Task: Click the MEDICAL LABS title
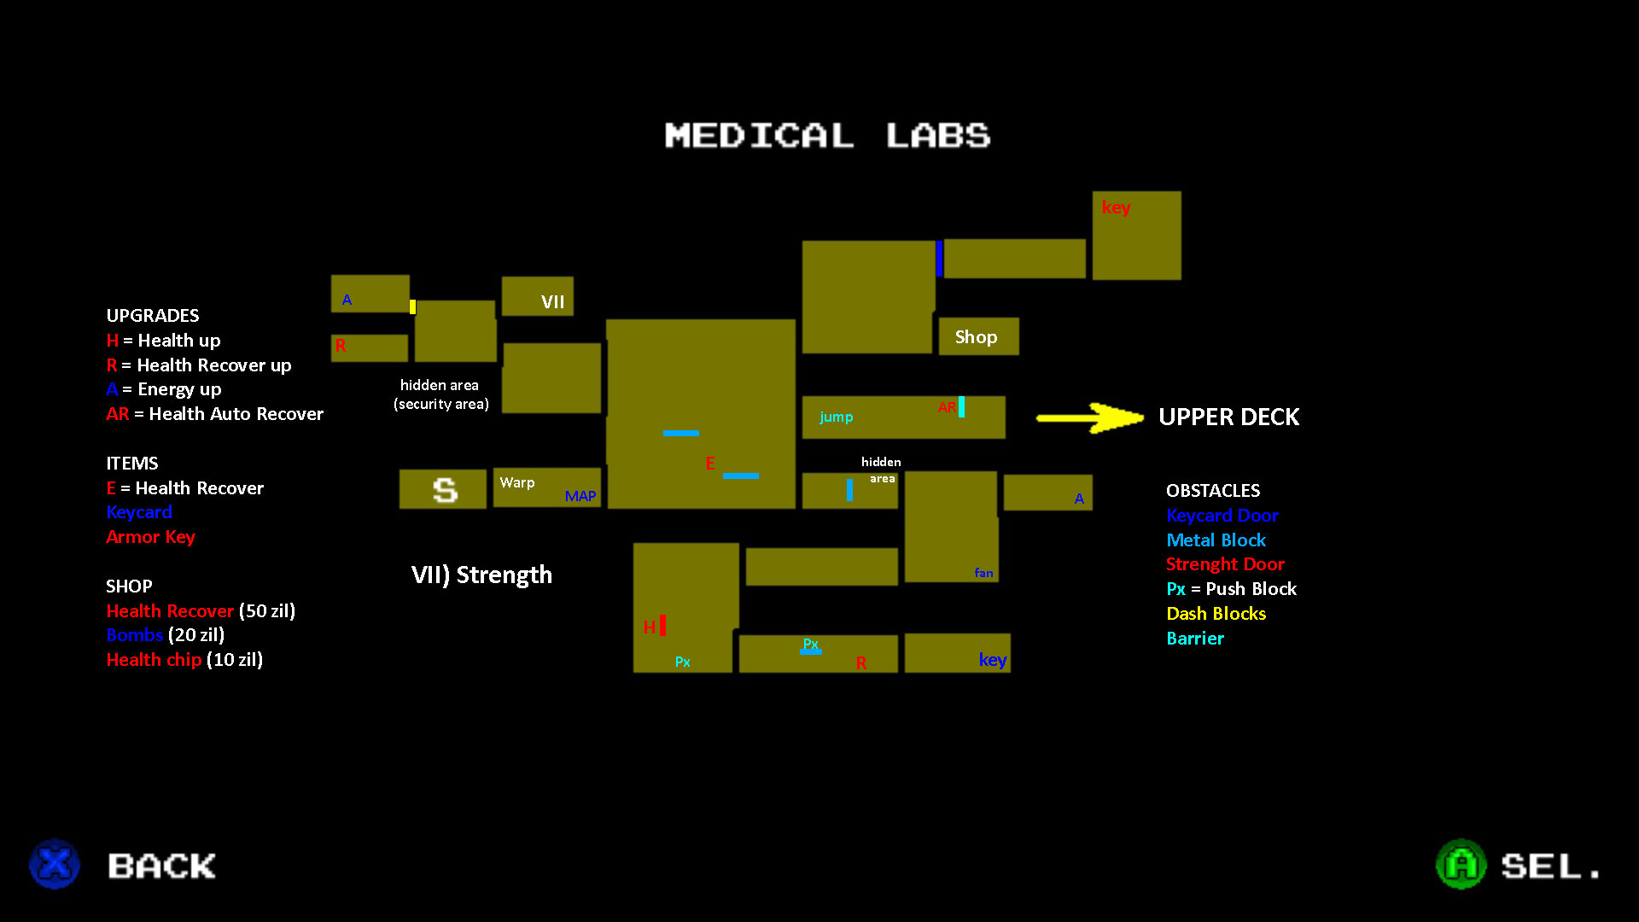[x=827, y=136]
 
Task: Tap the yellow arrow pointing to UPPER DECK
[x=1089, y=417]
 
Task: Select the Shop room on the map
[x=977, y=337]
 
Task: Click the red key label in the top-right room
[x=1116, y=207]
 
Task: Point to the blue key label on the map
[x=993, y=660]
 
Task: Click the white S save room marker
[x=445, y=490]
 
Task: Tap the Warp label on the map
[x=517, y=483]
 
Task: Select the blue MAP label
[x=580, y=496]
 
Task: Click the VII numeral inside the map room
[x=552, y=302]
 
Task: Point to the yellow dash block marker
[x=412, y=306]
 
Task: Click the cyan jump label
[x=836, y=417]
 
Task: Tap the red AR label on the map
[x=947, y=408]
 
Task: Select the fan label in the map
[x=983, y=573]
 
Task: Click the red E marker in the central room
[x=709, y=464]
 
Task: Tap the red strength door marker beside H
[x=662, y=626]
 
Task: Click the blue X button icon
[x=55, y=864]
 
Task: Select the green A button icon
[x=1461, y=864]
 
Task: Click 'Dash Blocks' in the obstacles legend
[x=1216, y=614]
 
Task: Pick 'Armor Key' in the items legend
[x=150, y=537]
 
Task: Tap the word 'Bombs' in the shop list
[x=134, y=635]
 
